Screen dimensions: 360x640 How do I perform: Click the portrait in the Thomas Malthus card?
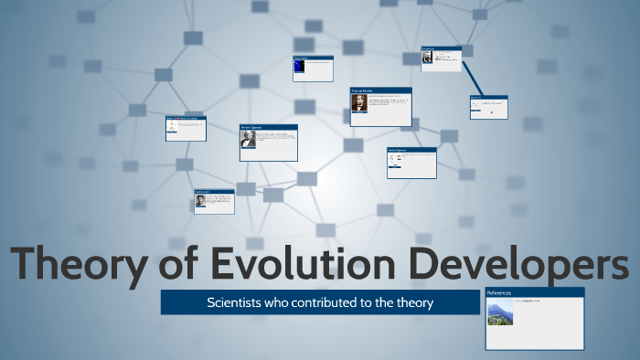tap(358, 103)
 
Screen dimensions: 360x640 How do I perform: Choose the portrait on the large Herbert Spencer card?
tap(247, 140)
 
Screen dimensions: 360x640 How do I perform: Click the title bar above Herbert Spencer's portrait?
tap(268, 127)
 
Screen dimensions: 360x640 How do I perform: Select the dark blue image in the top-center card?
tap(298, 66)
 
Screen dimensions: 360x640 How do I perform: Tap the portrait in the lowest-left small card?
tap(200, 201)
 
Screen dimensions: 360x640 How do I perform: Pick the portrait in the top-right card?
tap(427, 58)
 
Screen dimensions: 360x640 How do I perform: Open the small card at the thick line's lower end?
tap(488, 107)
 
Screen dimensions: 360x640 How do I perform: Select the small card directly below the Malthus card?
tap(411, 163)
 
